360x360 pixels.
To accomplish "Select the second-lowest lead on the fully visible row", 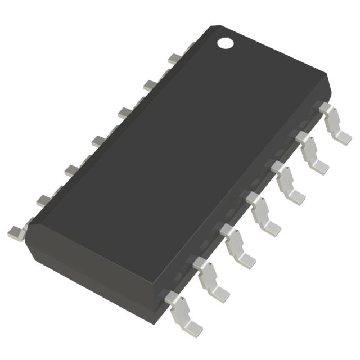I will point(211,279).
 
